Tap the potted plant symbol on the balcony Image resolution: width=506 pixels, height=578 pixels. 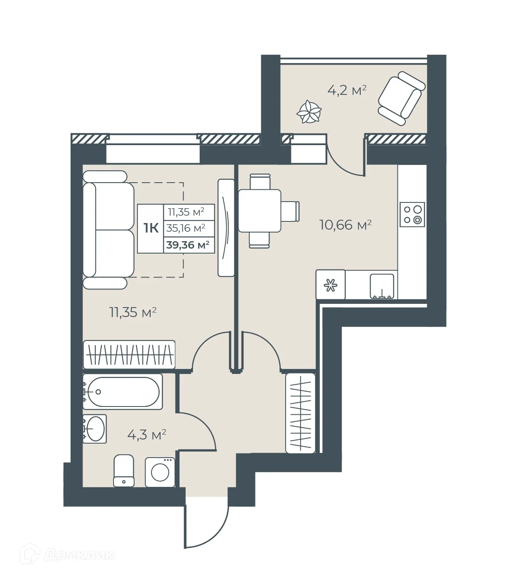(309, 112)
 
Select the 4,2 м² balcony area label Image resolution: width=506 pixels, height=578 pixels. (347, 90)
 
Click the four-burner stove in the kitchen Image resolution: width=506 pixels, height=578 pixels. (412, 214)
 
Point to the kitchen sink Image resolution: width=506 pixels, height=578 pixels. (382, 285)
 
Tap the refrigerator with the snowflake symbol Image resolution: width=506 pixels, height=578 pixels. (330, 284)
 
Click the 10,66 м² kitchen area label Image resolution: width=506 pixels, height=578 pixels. (345, 225)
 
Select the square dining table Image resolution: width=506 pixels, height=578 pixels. (260, 211)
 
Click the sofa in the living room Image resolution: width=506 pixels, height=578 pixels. (108, 230)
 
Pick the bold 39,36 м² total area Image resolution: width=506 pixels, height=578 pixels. (188, 245)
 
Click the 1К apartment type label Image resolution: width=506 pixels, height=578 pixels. (151, 228)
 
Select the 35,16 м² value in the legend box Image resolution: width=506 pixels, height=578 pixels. (186, 228)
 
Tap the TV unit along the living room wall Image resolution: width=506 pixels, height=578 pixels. (226, 228)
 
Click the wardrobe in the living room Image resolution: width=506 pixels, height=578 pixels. (129, 355)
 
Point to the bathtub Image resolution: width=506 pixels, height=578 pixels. (122, 392)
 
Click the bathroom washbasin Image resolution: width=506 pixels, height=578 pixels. (95, 429)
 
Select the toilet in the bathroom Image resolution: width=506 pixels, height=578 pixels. (124, 471)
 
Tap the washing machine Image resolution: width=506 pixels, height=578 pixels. (160, 472)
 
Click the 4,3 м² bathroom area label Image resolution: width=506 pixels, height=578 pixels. (147, 435)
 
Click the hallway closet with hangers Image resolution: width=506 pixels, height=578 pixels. (300, 413)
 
